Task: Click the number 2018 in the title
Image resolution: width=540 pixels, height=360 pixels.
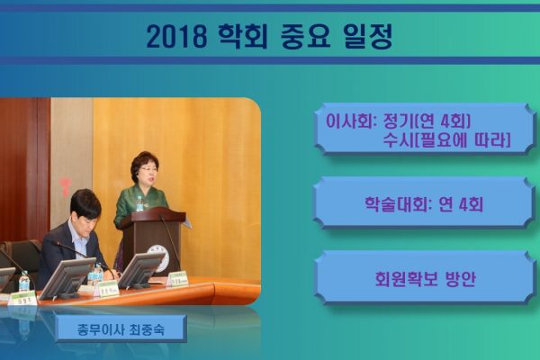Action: [177, 36]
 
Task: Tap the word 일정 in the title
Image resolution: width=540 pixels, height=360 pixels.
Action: [368, 36]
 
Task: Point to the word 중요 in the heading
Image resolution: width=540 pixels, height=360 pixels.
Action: [305, 36]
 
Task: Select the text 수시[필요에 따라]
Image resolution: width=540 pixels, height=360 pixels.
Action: [446, 140]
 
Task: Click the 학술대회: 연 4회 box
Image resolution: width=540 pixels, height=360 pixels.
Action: [424, 203]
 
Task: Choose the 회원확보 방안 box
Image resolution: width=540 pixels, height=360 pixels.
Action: [425, 278]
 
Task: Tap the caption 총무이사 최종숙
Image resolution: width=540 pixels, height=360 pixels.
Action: [121, 329]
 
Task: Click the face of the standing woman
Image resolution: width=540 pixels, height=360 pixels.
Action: [148, 174]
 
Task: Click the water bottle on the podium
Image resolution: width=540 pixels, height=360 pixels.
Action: [139, 203]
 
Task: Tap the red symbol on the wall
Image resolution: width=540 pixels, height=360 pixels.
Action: [65, 186]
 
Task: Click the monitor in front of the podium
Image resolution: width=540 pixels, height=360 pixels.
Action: [140, 271]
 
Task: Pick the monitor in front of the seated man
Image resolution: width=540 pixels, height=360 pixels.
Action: [67, 278]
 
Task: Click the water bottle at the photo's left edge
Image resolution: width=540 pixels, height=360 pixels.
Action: [24, 282]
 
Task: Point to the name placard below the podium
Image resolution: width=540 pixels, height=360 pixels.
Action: [177, 279]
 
